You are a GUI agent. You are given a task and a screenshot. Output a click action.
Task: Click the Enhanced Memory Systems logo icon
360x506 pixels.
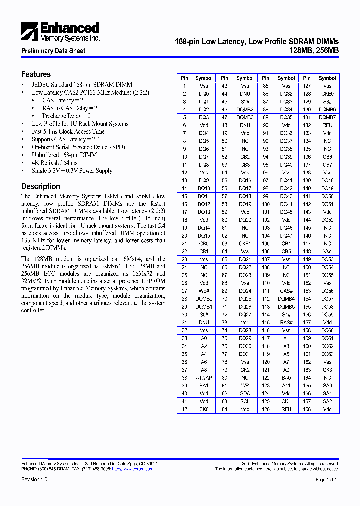coord(30,31)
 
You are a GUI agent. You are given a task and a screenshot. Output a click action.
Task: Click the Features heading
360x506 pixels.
coord(36,74)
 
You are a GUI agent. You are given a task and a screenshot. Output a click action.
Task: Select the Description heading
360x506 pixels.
coord(41,186)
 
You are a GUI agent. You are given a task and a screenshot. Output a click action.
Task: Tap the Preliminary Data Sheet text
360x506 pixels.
coord(53,51)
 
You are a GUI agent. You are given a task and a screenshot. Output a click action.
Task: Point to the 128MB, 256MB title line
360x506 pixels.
coord(314,50)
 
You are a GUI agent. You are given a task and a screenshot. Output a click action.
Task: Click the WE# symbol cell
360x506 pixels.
coord(204,291)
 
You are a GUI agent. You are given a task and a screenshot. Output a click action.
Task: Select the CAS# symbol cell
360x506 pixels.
coord(286,291)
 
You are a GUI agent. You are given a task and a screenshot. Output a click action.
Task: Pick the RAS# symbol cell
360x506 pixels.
coord(286,322)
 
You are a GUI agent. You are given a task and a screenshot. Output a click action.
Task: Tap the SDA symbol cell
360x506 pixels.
coord(245,394)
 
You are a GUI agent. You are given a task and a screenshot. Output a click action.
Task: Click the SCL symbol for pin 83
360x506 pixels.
coord(245,401)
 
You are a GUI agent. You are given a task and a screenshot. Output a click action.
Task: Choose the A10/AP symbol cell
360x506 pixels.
coord(204,378)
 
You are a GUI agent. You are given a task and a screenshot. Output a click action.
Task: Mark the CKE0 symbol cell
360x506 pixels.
coord(327,94)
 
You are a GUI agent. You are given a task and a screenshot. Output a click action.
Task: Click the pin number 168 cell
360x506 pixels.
coord(307,409)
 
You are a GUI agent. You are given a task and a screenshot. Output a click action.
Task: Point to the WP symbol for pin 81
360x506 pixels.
coord(245,386)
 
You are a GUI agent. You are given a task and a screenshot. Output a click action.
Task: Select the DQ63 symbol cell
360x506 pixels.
coord(327,354)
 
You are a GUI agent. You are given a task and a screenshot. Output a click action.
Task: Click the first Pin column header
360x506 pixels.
coord(184,78)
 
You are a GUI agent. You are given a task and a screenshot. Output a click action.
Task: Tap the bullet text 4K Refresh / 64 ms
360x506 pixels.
coord(55,163)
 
